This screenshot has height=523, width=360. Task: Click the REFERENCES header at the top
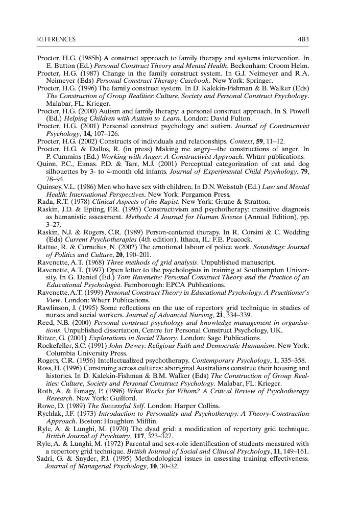point(56,39)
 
